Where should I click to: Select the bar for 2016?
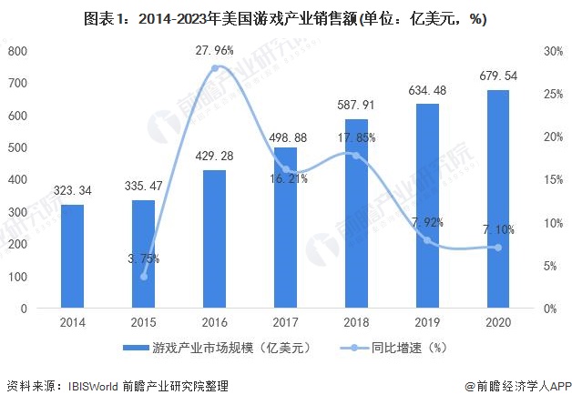click(214, 238)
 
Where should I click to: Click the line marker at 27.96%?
click(215, 68)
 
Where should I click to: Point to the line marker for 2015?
click(143, 276)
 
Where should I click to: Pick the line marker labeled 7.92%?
click(427, 240)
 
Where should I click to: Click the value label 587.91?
click(356, 106)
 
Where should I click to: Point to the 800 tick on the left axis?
click(17, 51)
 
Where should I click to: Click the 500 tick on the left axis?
click(17, 147)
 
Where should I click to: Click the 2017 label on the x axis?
click(285, 323)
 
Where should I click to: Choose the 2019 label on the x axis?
click(427, 323)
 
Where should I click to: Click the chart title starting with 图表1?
click(285, 17)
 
